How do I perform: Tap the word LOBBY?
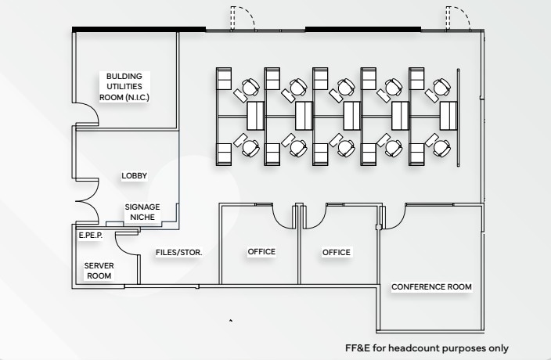coord(134,176)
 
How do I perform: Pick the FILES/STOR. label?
coord(179,253)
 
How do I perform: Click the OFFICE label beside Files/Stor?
coord(261,252)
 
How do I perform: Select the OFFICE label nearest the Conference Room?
coord(337,252)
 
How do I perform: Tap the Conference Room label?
coord(431,287)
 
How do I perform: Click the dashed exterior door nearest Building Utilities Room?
coord(243,17)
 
